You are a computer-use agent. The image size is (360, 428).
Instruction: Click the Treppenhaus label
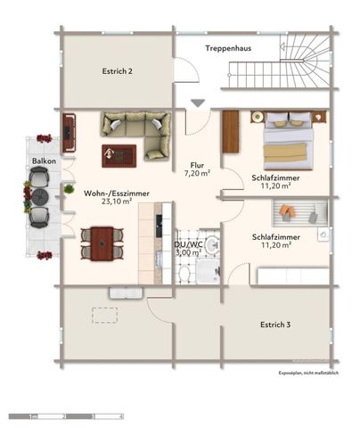(x=226, y=47)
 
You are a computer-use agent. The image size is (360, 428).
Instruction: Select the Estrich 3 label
(x=275, y=325)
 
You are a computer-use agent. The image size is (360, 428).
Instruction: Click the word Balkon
(x=45, y=160)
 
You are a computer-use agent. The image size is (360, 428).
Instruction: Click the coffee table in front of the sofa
(x=119, y=155)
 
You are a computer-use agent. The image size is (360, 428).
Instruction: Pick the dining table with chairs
(x=102, y=241)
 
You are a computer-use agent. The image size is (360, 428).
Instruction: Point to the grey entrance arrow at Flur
(x=198, y=103)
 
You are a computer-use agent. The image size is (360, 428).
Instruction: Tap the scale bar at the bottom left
(x=66, y=416)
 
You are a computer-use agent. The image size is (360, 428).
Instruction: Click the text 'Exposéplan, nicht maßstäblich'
(x=308, y=373)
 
